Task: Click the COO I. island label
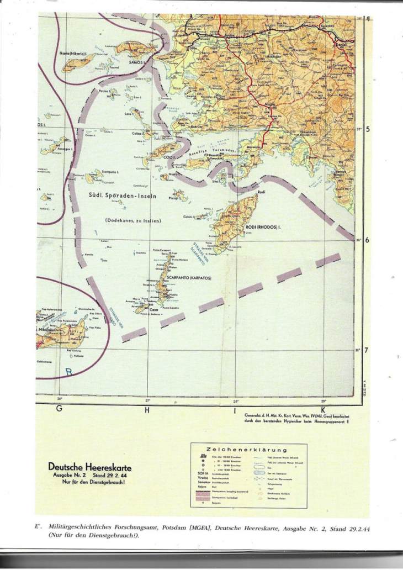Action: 170,157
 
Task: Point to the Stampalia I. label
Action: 110,172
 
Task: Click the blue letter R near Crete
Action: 69,372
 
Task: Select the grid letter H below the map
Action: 147,410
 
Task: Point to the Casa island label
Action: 155,310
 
